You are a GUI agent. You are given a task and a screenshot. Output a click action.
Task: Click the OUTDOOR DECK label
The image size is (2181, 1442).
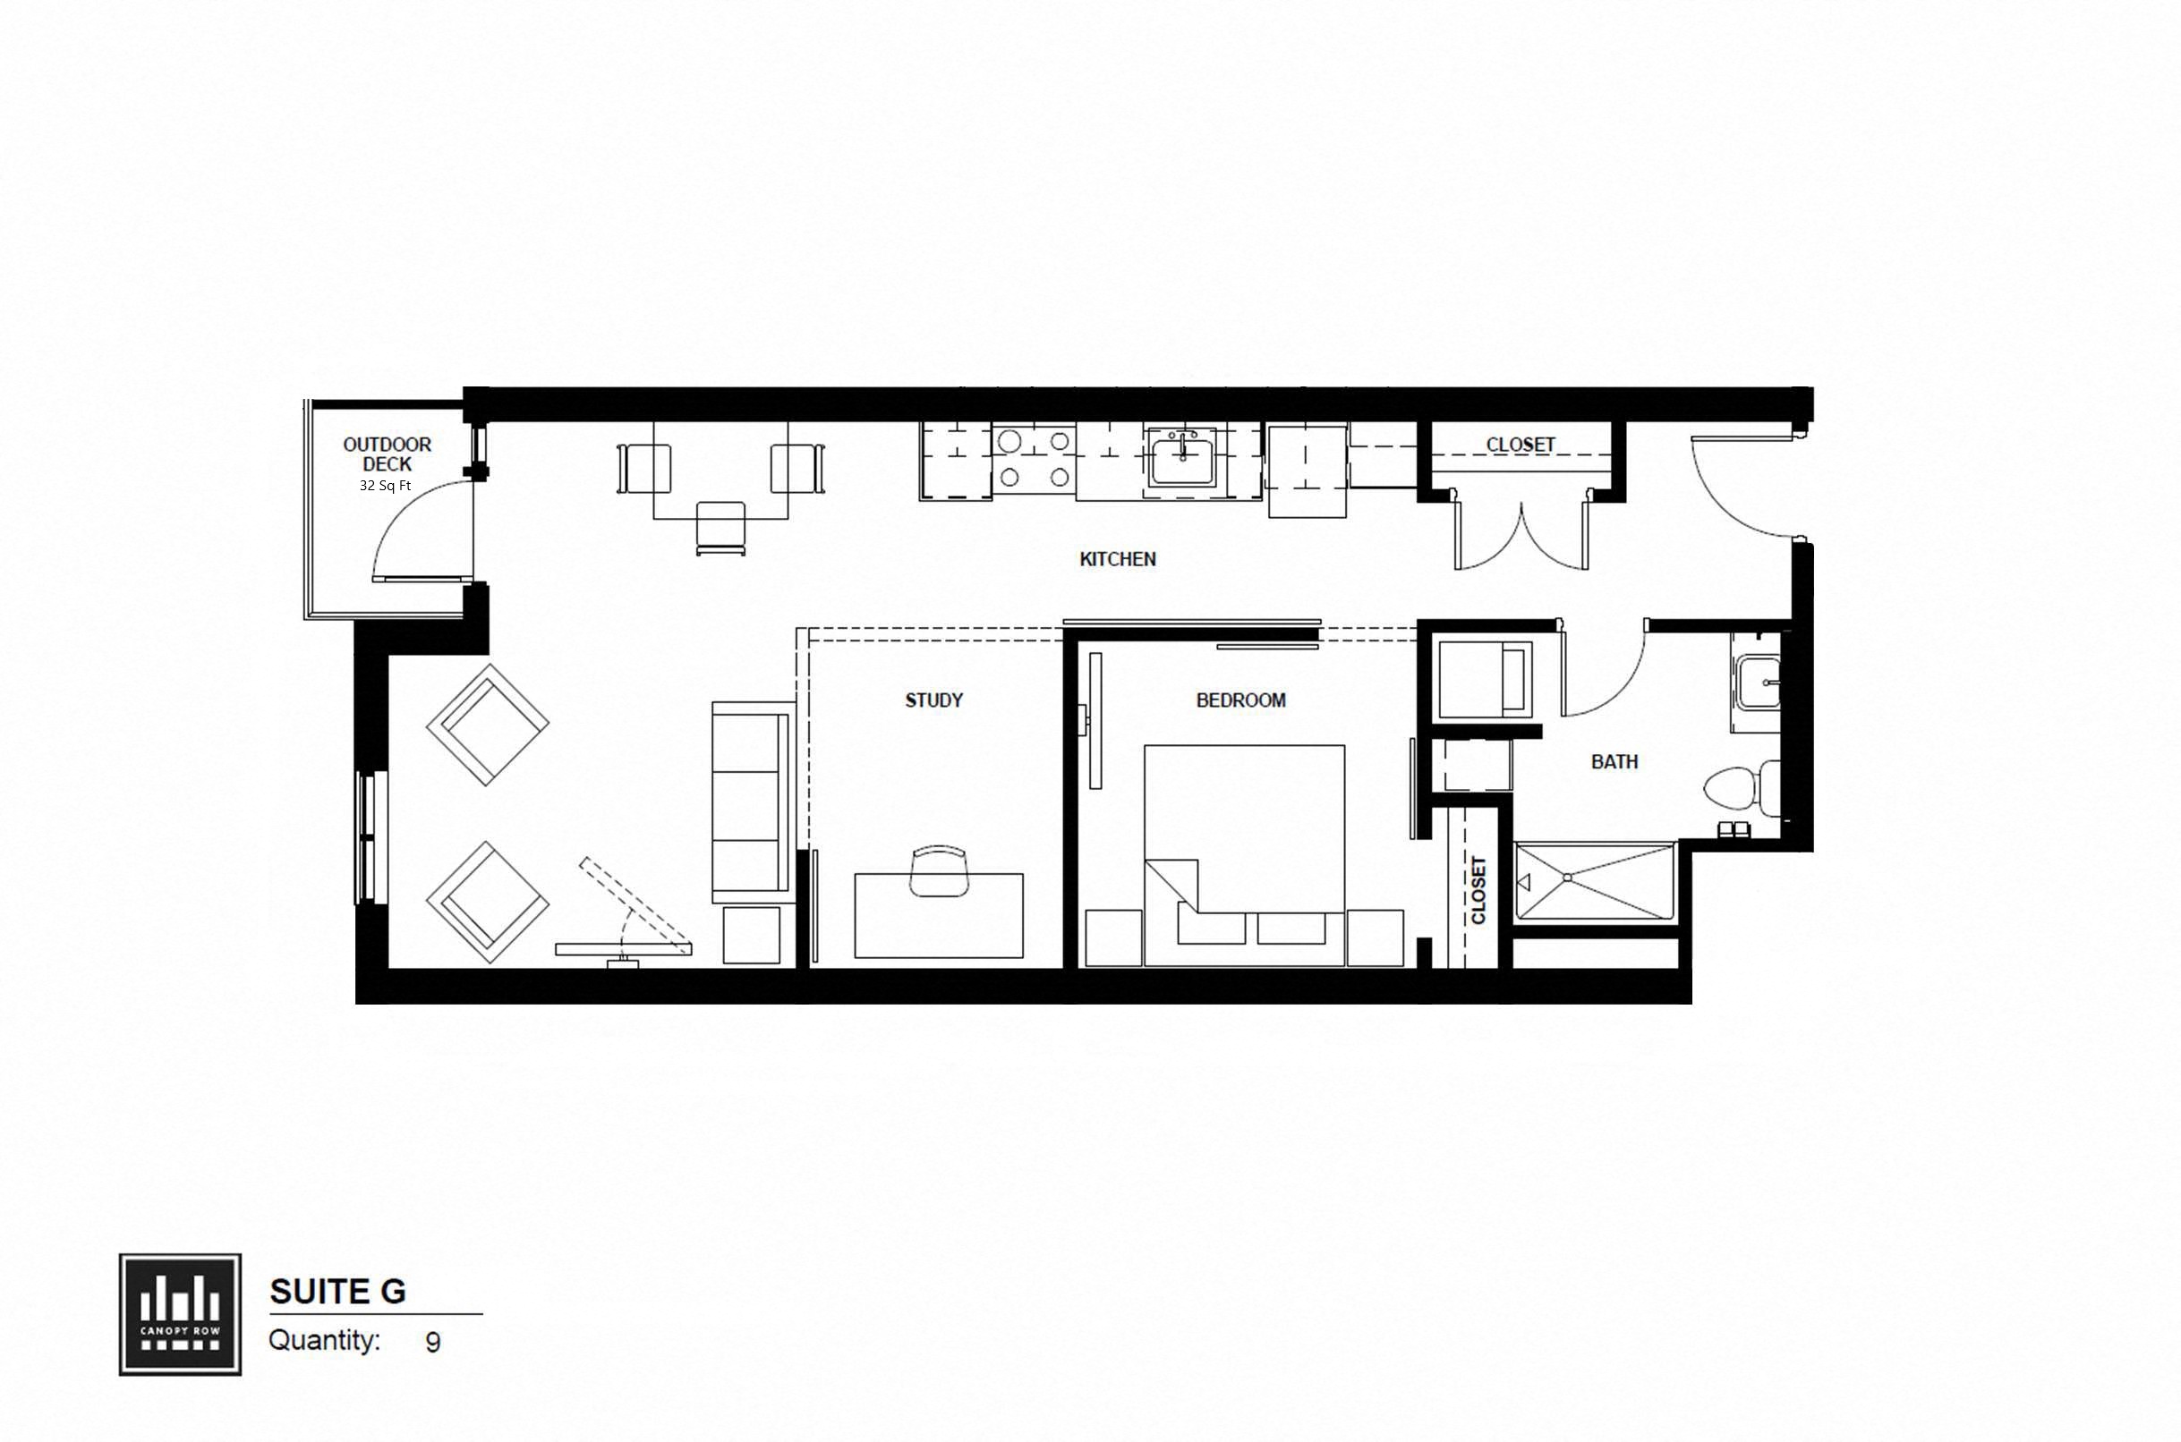click(388, 454)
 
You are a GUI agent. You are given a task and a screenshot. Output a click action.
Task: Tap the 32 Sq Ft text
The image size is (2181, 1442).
click(385, 486)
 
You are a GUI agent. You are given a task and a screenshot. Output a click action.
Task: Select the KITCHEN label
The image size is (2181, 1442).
click(1117, 559)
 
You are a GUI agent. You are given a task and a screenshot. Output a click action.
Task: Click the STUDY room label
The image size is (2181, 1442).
click(933, 700)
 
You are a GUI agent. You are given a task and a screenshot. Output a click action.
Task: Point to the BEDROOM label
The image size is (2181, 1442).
click(1240, 700)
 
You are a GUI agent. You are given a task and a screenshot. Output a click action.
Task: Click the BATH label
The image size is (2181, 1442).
click(1614, 761)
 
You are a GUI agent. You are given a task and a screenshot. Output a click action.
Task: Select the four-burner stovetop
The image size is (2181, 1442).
click(1034, 459)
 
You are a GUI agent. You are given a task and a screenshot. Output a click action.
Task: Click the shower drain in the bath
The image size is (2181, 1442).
click(1566, 878)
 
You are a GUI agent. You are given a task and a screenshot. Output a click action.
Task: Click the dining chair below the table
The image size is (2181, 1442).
click(720, 528)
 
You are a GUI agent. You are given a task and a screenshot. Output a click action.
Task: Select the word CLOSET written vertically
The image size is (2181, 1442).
click(1478, 889)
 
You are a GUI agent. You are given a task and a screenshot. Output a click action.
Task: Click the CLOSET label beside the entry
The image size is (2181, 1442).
click(1521, 445)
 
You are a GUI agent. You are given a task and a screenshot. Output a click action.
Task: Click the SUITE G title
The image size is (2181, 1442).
click(337, 1292)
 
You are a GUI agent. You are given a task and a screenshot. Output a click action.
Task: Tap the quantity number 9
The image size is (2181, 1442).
click(432, 1343)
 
